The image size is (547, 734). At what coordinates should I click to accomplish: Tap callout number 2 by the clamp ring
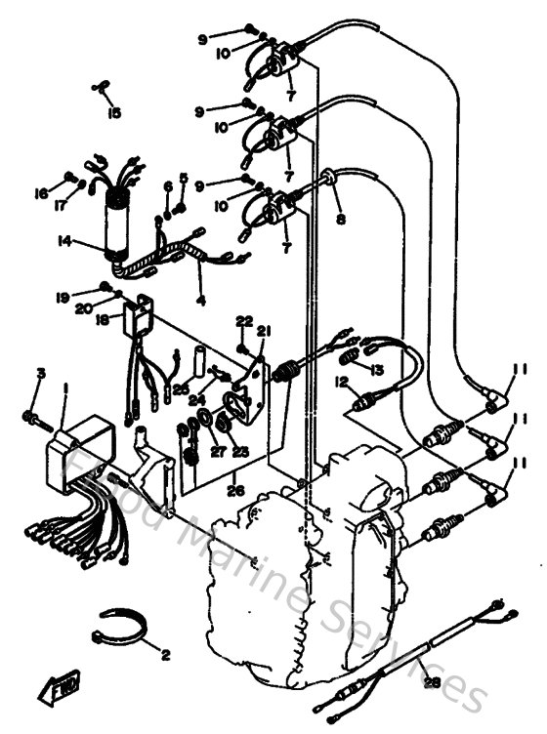[x=164, y=653]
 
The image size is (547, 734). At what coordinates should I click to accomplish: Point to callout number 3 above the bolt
[x=41, y=374]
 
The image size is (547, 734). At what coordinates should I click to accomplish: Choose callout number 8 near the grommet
[x=340, y=221]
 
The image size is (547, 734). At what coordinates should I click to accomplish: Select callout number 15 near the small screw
[x=114, y=113]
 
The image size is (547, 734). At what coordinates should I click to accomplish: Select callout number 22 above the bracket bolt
[x=243, y=320]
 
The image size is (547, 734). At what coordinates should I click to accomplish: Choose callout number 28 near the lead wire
[x=431, y=684]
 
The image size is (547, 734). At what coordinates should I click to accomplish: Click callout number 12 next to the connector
[x=342, y=382]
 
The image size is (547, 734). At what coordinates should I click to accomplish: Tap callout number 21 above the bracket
[x=264, y=332]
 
